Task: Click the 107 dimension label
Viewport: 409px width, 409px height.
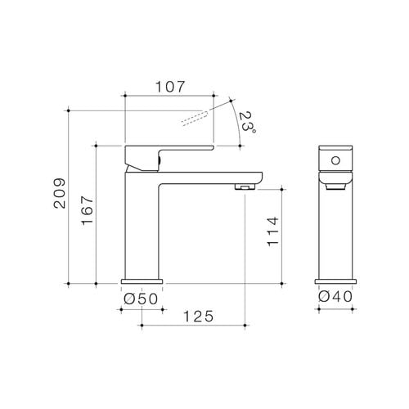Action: click(169, 86)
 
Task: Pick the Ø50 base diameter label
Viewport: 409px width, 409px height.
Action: click(140, 299)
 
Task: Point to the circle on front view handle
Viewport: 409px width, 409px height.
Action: click(335, 158)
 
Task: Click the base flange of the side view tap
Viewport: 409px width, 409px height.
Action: click(143, 281)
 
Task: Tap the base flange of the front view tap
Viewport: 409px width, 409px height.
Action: click(335, 281)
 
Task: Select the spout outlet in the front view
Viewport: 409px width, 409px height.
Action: click(335, 186)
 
